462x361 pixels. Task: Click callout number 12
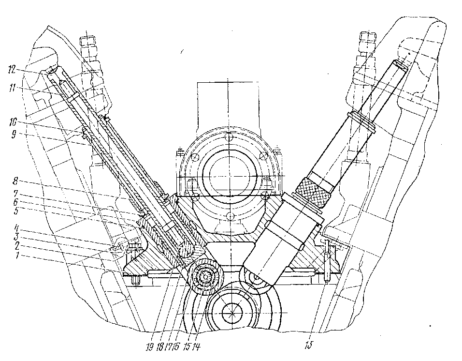pyautogui.click(x=14, y=70)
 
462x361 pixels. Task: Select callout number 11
pyautogui.click(x=14, y=89)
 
